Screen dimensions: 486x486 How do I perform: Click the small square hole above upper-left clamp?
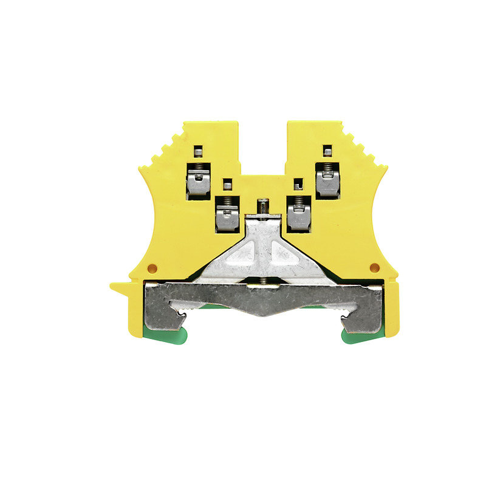click(x=198, y=150)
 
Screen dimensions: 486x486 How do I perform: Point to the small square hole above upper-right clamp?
click(x=327, y=150)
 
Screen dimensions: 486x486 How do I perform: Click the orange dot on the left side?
click(x=152, y=268)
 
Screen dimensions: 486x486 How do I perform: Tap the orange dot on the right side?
click(x=374, y=267)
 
